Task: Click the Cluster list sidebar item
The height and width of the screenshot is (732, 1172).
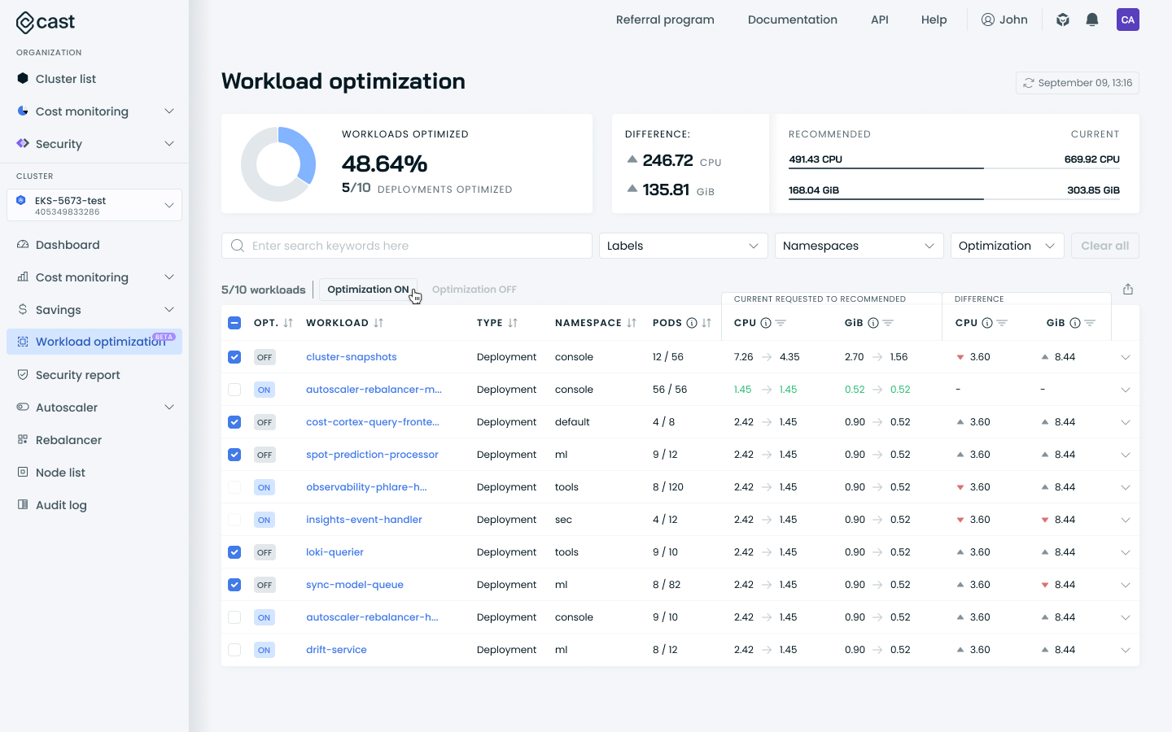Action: [65, 79]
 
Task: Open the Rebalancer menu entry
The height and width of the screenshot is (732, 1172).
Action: [68, 440]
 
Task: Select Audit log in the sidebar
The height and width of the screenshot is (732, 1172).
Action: [61, 505]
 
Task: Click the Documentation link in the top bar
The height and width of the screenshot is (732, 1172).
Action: [792, 20]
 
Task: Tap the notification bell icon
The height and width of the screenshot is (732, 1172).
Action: [1092, 20]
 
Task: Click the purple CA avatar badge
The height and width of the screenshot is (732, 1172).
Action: [1127, 20]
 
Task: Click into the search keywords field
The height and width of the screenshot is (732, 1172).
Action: [407, 246]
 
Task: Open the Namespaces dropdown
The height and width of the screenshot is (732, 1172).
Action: [859, 246]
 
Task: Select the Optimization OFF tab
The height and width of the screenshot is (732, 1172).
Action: [474, 290]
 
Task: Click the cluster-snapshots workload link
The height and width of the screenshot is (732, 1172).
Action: [352, 357]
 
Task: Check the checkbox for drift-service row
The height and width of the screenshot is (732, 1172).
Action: [234, 650]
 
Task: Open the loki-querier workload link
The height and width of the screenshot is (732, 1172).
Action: [335, 552]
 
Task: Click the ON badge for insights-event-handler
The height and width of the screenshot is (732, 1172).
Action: [265, 520]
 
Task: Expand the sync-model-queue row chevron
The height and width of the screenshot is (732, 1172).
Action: [1126, 585]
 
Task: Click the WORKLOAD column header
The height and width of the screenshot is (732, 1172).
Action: [337, 323]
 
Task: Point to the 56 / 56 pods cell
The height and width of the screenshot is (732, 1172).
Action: [670, 390]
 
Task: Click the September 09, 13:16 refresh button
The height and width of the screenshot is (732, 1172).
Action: [1077, 83]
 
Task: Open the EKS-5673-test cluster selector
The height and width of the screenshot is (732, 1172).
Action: [94, 205]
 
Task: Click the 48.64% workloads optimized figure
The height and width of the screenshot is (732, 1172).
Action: [384, 163]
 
